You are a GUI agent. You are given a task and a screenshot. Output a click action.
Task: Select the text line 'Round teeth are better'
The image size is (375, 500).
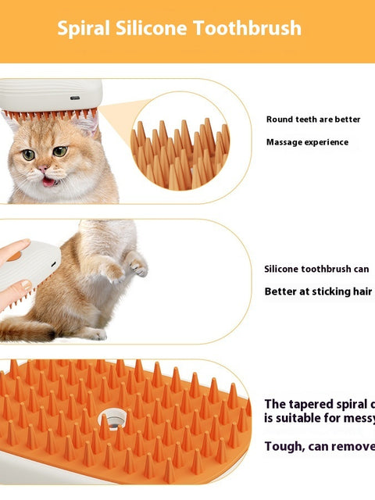click(x=313, y=120)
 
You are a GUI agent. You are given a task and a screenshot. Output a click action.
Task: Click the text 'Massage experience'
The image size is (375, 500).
click(x=307, y=142)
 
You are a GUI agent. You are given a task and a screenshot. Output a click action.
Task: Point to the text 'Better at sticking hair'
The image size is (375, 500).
click(x=318, y=292)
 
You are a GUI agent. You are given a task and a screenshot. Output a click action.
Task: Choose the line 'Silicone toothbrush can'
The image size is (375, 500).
click(x=316, y=269)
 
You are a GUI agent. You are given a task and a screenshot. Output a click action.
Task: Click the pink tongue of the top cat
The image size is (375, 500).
click(x=49, y=181)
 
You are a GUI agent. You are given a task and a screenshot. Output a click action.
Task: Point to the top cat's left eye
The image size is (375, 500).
click(x=29, y=154)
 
